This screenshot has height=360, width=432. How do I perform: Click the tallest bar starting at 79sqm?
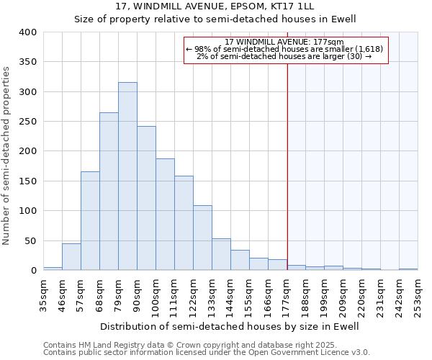pyautogui.click(x=127, y=176)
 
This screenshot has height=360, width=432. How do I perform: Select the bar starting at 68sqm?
pyautogui.click(x=109, y=192)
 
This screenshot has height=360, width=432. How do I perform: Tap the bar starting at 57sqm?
pyautogui.click(x=90, y=221)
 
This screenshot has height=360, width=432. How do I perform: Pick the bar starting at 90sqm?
pyautogui.click(x=146, y=199)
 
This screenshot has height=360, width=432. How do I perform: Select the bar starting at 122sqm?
pyautogui.click(x=202, y=238)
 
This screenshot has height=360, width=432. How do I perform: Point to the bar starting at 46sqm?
pyautogui.click(x=71, y=257)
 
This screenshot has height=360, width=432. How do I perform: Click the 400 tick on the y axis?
pyautogui.click(x=28, y=32)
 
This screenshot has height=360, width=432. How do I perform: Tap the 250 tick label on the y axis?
pyautogui.click(x=28, y=122)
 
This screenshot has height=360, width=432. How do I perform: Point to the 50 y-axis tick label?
pyautogui.click(x=31, y=240)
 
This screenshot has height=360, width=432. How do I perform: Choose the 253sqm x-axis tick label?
pyautogui.click(x=423, y=292)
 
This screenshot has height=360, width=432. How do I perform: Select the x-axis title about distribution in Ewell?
pyautogui.click(x=229, y=326)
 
